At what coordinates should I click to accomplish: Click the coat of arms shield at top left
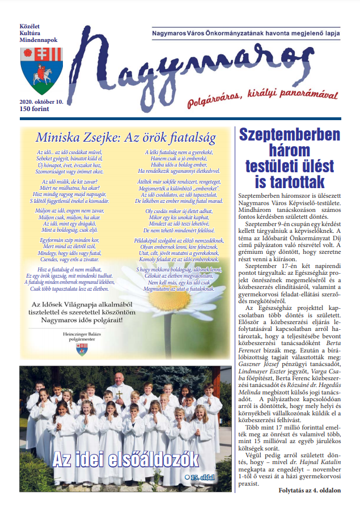click(38, 70)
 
